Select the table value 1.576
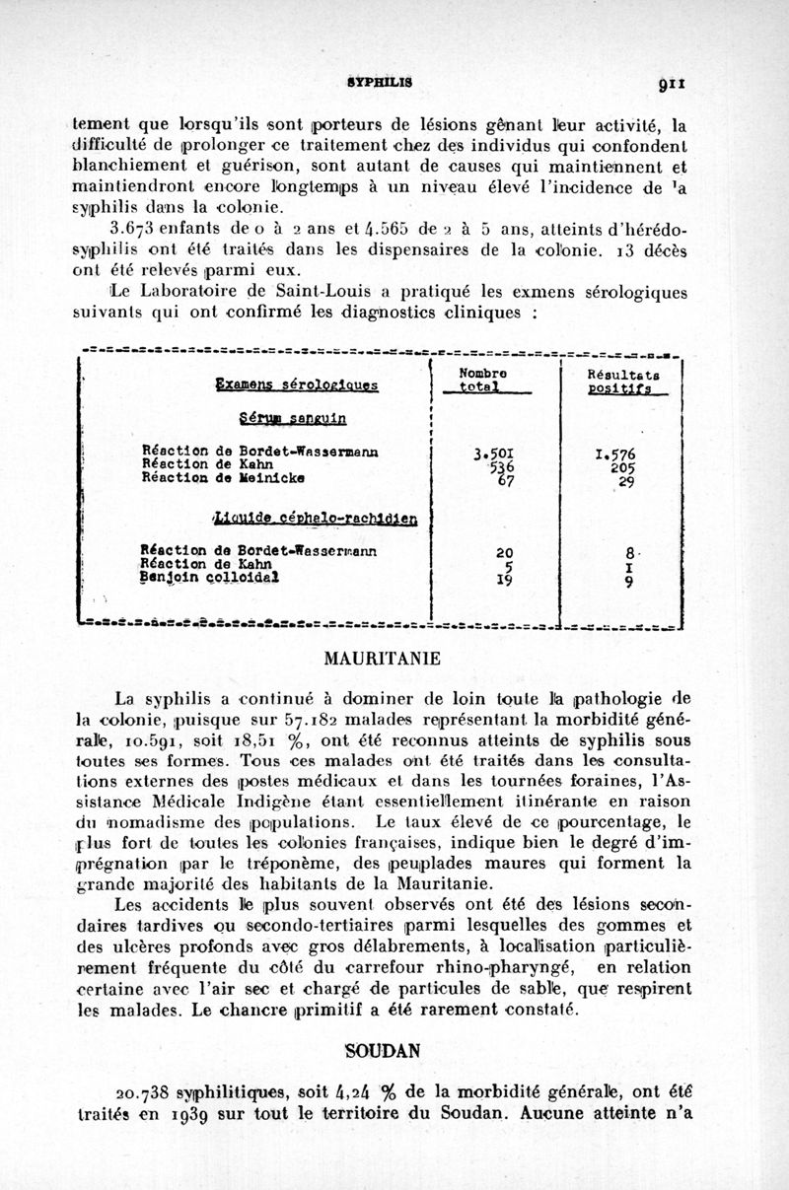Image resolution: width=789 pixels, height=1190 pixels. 616,455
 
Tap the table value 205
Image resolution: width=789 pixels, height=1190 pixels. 621,469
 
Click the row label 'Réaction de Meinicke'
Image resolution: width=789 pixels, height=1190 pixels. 209,480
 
